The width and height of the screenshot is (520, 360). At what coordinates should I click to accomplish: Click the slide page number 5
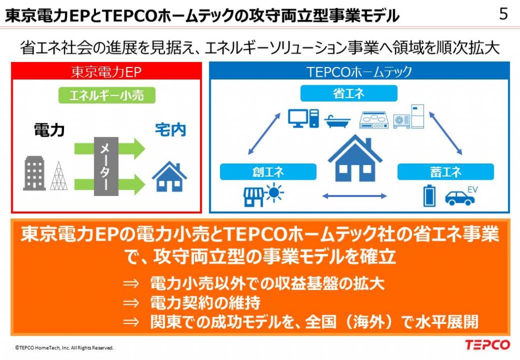point(503,14)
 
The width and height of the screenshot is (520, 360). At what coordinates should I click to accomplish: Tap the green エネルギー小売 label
point(107,95)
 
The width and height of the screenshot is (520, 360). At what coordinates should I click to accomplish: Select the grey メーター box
point(106,167)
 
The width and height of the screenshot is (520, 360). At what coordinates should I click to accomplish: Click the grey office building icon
point(34,173)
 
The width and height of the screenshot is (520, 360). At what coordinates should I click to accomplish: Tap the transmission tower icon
point(59,176)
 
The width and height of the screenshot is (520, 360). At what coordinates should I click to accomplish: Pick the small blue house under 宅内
point(170,176)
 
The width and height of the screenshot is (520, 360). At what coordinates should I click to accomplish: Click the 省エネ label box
point(348,93)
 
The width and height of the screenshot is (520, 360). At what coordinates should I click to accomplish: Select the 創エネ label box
point(268,172)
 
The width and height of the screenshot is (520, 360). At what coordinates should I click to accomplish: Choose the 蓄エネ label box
point(445,172)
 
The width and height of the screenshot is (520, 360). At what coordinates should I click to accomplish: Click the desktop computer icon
point(303,118)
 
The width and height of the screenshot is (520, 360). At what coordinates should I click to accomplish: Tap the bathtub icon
point(338,122)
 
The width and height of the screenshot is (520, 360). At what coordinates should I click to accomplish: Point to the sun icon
point(275,193)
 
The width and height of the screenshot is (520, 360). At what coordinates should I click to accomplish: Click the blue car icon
point(460,198)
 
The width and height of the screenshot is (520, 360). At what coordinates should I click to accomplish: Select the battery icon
point(430,195)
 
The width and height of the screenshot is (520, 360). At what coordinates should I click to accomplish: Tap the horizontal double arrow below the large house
point(354,196)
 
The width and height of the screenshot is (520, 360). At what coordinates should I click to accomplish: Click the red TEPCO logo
point(487,345)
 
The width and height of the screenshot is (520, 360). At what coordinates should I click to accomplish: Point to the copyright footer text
point(64,348)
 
